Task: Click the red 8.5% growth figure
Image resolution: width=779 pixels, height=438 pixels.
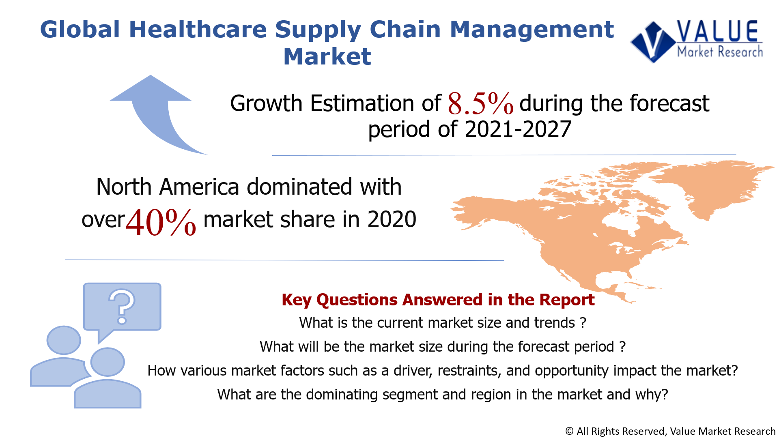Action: pyautogui.click(x=480, y=103)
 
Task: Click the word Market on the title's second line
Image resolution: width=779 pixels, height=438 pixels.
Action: pyautogui.click(x=327, y=56)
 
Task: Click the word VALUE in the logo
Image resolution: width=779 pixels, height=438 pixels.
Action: pyautogui.click(x=717, y=32)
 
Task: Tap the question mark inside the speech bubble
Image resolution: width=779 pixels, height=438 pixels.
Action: pyautogui.click(x=122, y=306)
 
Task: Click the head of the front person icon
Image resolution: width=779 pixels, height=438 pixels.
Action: pyautogui.click(x=108, y=362)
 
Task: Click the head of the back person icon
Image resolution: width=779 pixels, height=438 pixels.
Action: pyautogui.click(x=64, y=340)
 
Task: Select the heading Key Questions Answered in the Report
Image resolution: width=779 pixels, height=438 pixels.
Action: pyautogui.click(x=438, y=300)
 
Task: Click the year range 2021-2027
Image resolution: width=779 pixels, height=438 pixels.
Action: pyautogui.click(x=518, y=129)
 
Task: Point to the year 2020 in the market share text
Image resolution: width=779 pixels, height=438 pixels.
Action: pyautogui.click(x=392, y=219)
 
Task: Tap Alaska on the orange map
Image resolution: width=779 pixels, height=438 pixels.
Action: pyautogui.click(x=483, y=211)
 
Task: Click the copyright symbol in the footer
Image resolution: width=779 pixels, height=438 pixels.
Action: pyautogui.click(x=569, y=431)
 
